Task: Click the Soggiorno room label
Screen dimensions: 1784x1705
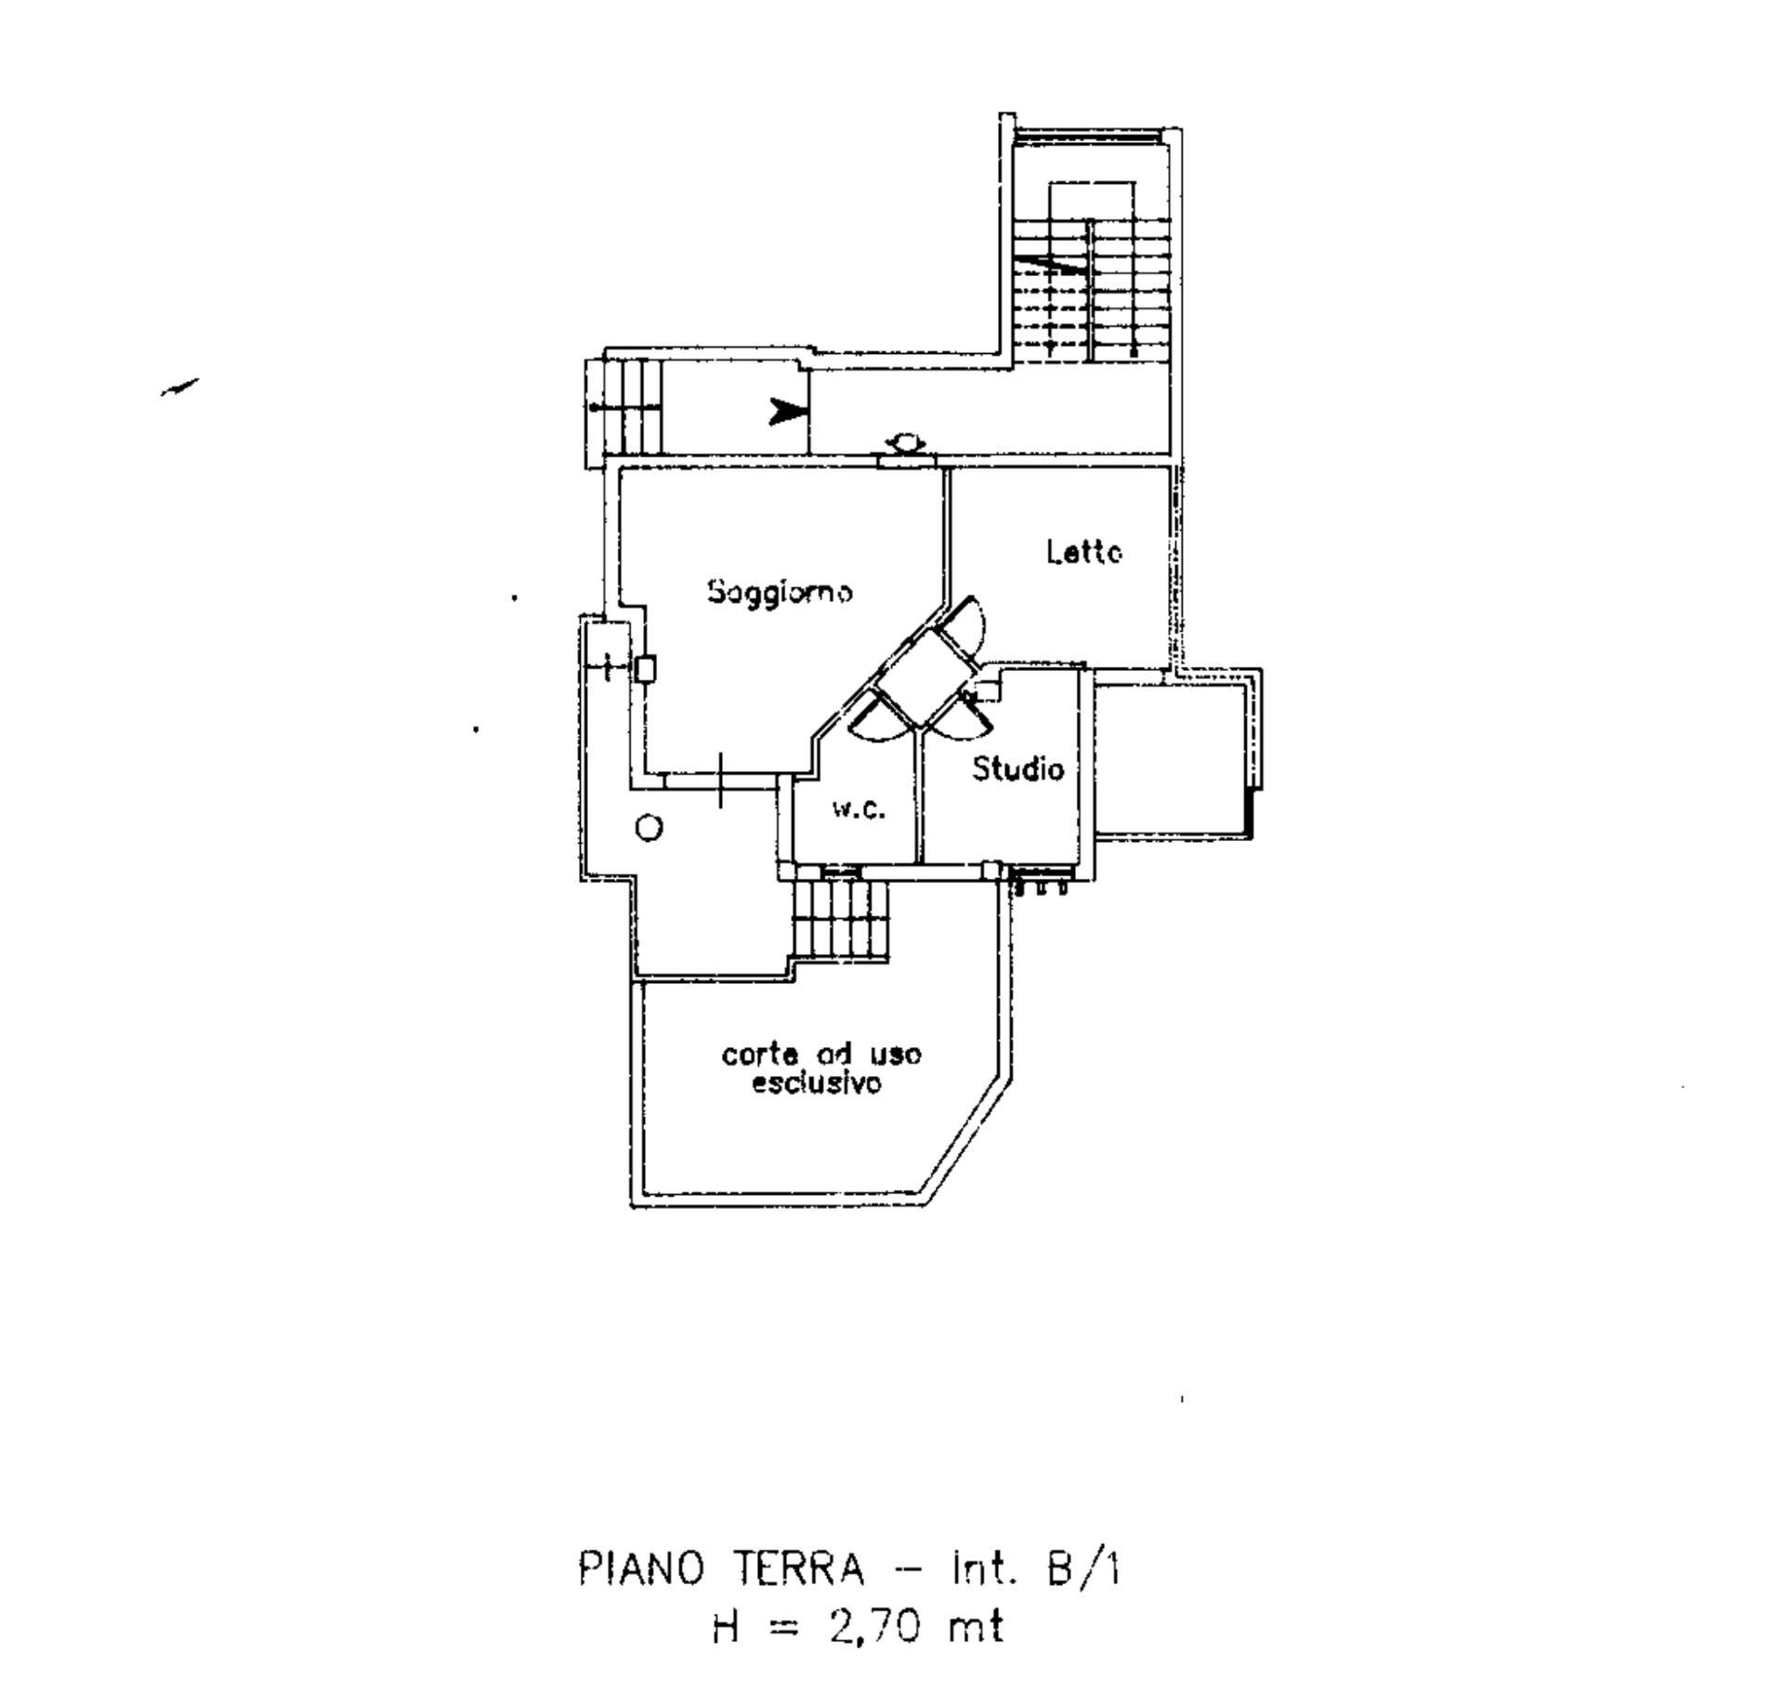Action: click(x=779, y=592)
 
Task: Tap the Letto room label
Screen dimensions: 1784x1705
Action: click(x=1083, y=552)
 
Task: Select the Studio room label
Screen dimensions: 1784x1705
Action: click(x=1017, y=768)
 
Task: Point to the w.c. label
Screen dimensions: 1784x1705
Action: click(x=858, y=809)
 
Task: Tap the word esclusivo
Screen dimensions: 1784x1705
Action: click(x=816, y=1083)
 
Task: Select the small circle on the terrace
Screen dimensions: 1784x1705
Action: click(x=649, y=828)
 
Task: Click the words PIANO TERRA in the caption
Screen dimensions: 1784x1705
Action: click(x=721, y=1569)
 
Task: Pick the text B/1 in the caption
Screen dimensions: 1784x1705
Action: click(x=1083, y=1569)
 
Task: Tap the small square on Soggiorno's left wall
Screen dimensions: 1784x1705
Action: click(x=646, y=668)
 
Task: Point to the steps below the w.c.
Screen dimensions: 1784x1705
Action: click(x=841, y=920)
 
